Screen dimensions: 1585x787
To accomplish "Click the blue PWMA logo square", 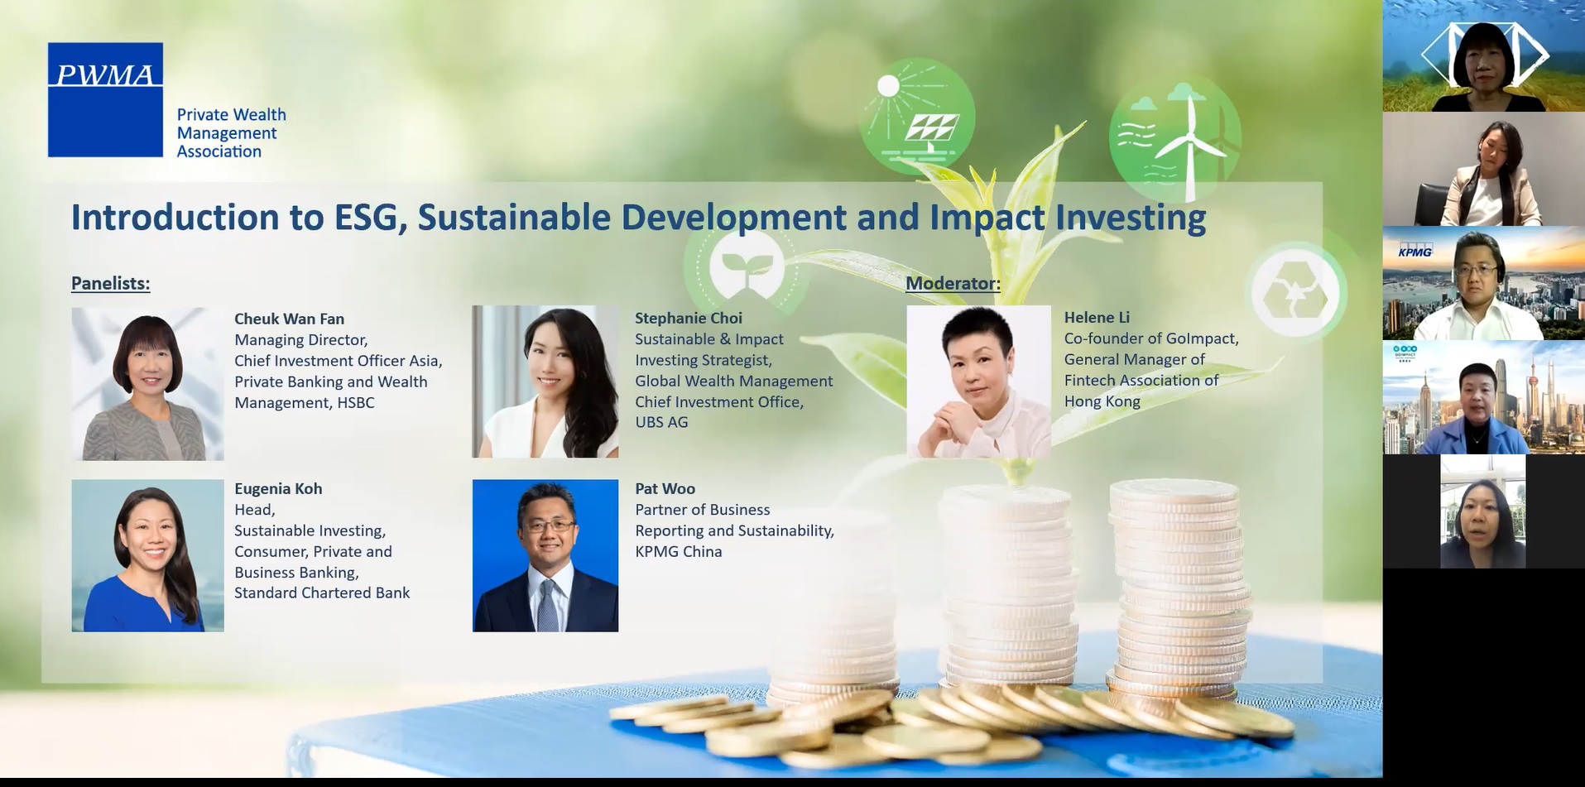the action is pos(105,99).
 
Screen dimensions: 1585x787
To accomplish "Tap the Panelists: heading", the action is pos(110,283).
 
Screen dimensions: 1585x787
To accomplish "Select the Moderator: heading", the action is pos(953,283).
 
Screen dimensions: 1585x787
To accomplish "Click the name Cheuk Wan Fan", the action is pos(289,319).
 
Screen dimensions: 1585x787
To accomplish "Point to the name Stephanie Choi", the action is pos(689,318).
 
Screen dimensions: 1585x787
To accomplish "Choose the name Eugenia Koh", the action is pos(278,488).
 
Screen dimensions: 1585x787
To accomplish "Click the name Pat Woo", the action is pos(665,488).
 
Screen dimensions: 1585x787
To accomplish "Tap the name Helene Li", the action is pos(1097,317).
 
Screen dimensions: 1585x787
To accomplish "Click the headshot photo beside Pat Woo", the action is pos(545,555).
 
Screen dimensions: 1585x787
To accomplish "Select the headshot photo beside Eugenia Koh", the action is pos(147,555).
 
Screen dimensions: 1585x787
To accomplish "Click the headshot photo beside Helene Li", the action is pos(978,382).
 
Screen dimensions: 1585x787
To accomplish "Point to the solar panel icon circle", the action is pos(917,116).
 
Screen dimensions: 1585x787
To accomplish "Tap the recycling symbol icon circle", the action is pos(1296,292).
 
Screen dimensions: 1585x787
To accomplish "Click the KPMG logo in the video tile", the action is pos(1414,251).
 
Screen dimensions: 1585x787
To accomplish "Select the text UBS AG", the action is pos(661,422).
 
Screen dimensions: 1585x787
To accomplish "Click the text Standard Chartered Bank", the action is pos(322,593).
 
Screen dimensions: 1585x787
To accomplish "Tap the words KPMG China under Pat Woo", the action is pos(679,551).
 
